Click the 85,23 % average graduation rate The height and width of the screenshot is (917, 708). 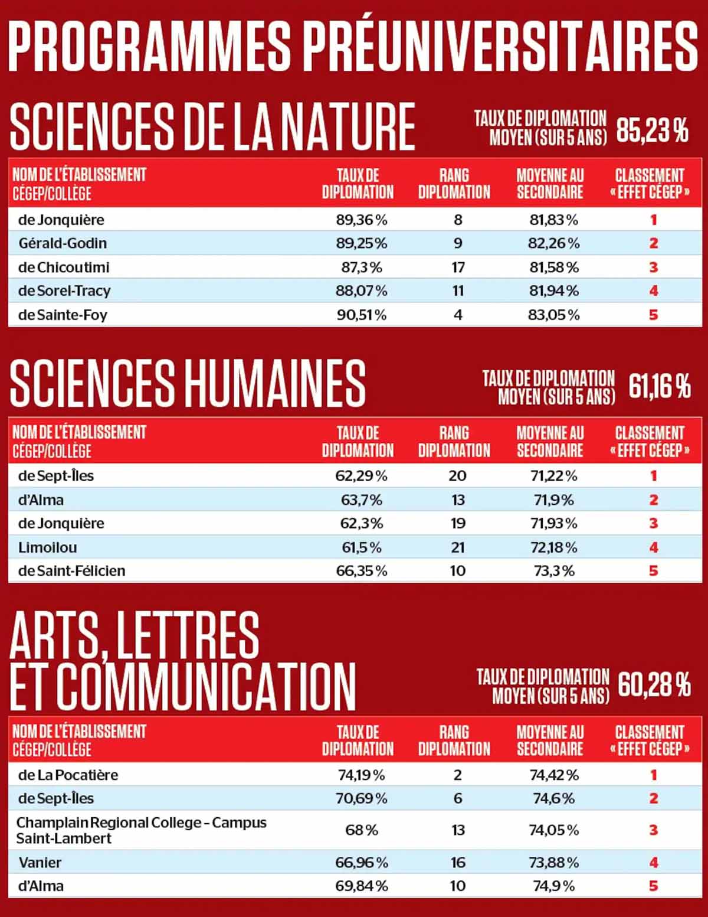(652, 130)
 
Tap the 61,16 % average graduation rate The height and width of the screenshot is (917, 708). (659, 387)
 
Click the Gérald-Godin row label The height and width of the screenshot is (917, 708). (63, 243)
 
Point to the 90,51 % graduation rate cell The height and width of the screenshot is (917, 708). (362, 315)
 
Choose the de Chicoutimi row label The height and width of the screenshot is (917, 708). (64, 267)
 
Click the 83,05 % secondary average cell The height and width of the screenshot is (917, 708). (553, 315)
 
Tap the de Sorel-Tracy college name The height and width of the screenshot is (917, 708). (64, 291)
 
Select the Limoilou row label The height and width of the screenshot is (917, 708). (48, 547)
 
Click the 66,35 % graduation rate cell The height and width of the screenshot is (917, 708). (362, 571)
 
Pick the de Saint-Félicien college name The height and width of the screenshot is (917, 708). (71, 571)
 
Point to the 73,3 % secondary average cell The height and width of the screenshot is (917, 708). (553, 571)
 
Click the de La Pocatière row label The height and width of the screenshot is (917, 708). (68, 775)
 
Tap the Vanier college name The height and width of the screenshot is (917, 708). (40, 863)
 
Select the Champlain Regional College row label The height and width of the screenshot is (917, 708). (141, 830)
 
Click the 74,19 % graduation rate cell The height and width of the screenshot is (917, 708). (362, 775)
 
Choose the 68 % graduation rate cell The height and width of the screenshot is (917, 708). (362, 830)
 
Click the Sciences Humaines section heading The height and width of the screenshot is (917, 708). (188, 384)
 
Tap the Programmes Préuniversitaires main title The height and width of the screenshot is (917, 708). (353, 46)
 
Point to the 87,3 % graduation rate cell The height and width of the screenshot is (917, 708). (362, 267)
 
